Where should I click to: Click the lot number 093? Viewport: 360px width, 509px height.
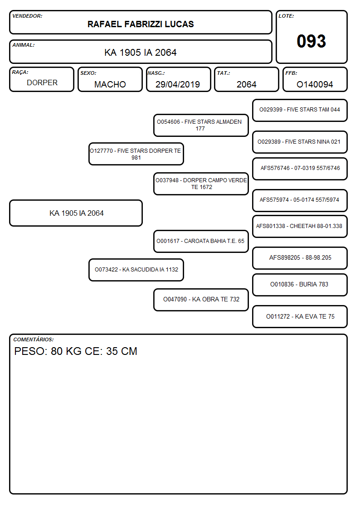pos(311,41)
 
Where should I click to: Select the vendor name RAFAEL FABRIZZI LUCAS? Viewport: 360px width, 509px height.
pos(141,24)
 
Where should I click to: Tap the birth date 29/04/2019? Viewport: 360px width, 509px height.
pos(178,84)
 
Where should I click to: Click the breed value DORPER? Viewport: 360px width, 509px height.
pos(42,83)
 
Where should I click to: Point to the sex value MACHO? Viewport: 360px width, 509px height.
pos(110,84)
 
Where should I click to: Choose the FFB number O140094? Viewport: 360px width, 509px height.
pos(315,84)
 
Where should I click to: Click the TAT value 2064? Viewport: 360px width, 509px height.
pos(246,84)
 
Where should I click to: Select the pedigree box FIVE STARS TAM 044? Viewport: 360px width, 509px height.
pos(300,111)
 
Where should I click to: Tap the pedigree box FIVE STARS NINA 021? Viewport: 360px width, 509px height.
pos(300,142)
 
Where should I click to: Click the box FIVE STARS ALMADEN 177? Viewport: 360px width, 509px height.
pos(201,125)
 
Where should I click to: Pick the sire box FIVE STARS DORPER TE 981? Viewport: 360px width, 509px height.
pos(136,154)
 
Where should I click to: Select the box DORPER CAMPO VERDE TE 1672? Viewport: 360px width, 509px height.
pos(201,184)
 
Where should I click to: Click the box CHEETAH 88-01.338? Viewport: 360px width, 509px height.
pos(300,227)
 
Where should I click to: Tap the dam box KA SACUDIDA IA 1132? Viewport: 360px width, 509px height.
pos(136,270)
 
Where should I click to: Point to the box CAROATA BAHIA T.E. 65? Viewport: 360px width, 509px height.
pos(201,241)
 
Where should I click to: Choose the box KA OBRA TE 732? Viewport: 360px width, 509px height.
pos(201,300)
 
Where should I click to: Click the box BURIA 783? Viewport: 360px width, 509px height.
pos(300,285)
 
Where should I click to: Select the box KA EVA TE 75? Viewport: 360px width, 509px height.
pos(300,316)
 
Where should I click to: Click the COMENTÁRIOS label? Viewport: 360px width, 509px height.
pos(34,339)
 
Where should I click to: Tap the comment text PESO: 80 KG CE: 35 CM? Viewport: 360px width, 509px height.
pos(76,351)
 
